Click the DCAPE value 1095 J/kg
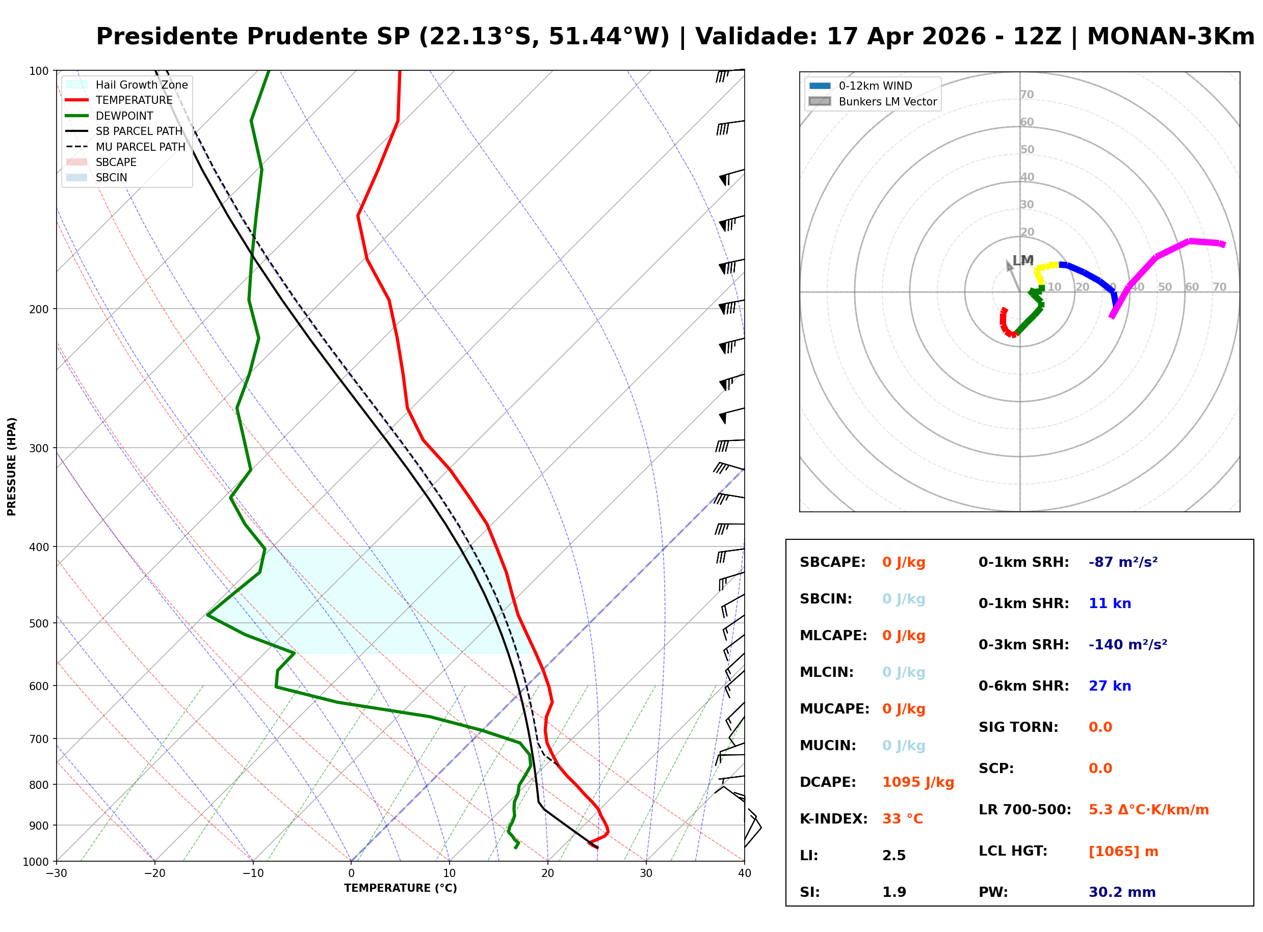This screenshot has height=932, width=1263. click(x=918, y=782)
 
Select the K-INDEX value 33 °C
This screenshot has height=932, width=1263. click(x=902, y=819)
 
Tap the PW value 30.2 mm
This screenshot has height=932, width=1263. click(x=1122, y=892)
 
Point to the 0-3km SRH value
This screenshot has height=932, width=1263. click(x=1127, y=645)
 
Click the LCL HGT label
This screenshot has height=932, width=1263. click(x=1013, y=852)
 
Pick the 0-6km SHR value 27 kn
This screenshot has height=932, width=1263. click(x=1110, y=686)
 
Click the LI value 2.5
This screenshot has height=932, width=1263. click(x=894, y=856)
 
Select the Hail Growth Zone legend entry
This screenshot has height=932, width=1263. click(x=141, y=85)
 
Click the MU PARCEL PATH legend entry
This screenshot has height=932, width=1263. click(x=140, y=147)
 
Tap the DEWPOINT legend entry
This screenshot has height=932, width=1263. click(x=124, y=116)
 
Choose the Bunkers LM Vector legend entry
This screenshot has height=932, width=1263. click(x=887, y=101)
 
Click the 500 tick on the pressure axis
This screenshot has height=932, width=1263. click(x=39, y=623)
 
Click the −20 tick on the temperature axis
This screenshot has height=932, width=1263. click(x=154, y=874)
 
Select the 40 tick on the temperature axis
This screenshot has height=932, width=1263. click(x=744, y=874)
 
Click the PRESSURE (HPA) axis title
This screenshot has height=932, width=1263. click(x=12, y=467)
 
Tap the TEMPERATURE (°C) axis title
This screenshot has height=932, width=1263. click(x=400, y=889)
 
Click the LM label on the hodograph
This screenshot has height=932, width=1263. click(x=1022, y=261)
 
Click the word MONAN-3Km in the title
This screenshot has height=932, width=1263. click(x=1170, y=37)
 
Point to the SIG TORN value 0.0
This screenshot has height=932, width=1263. click(x=1100, y=727)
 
